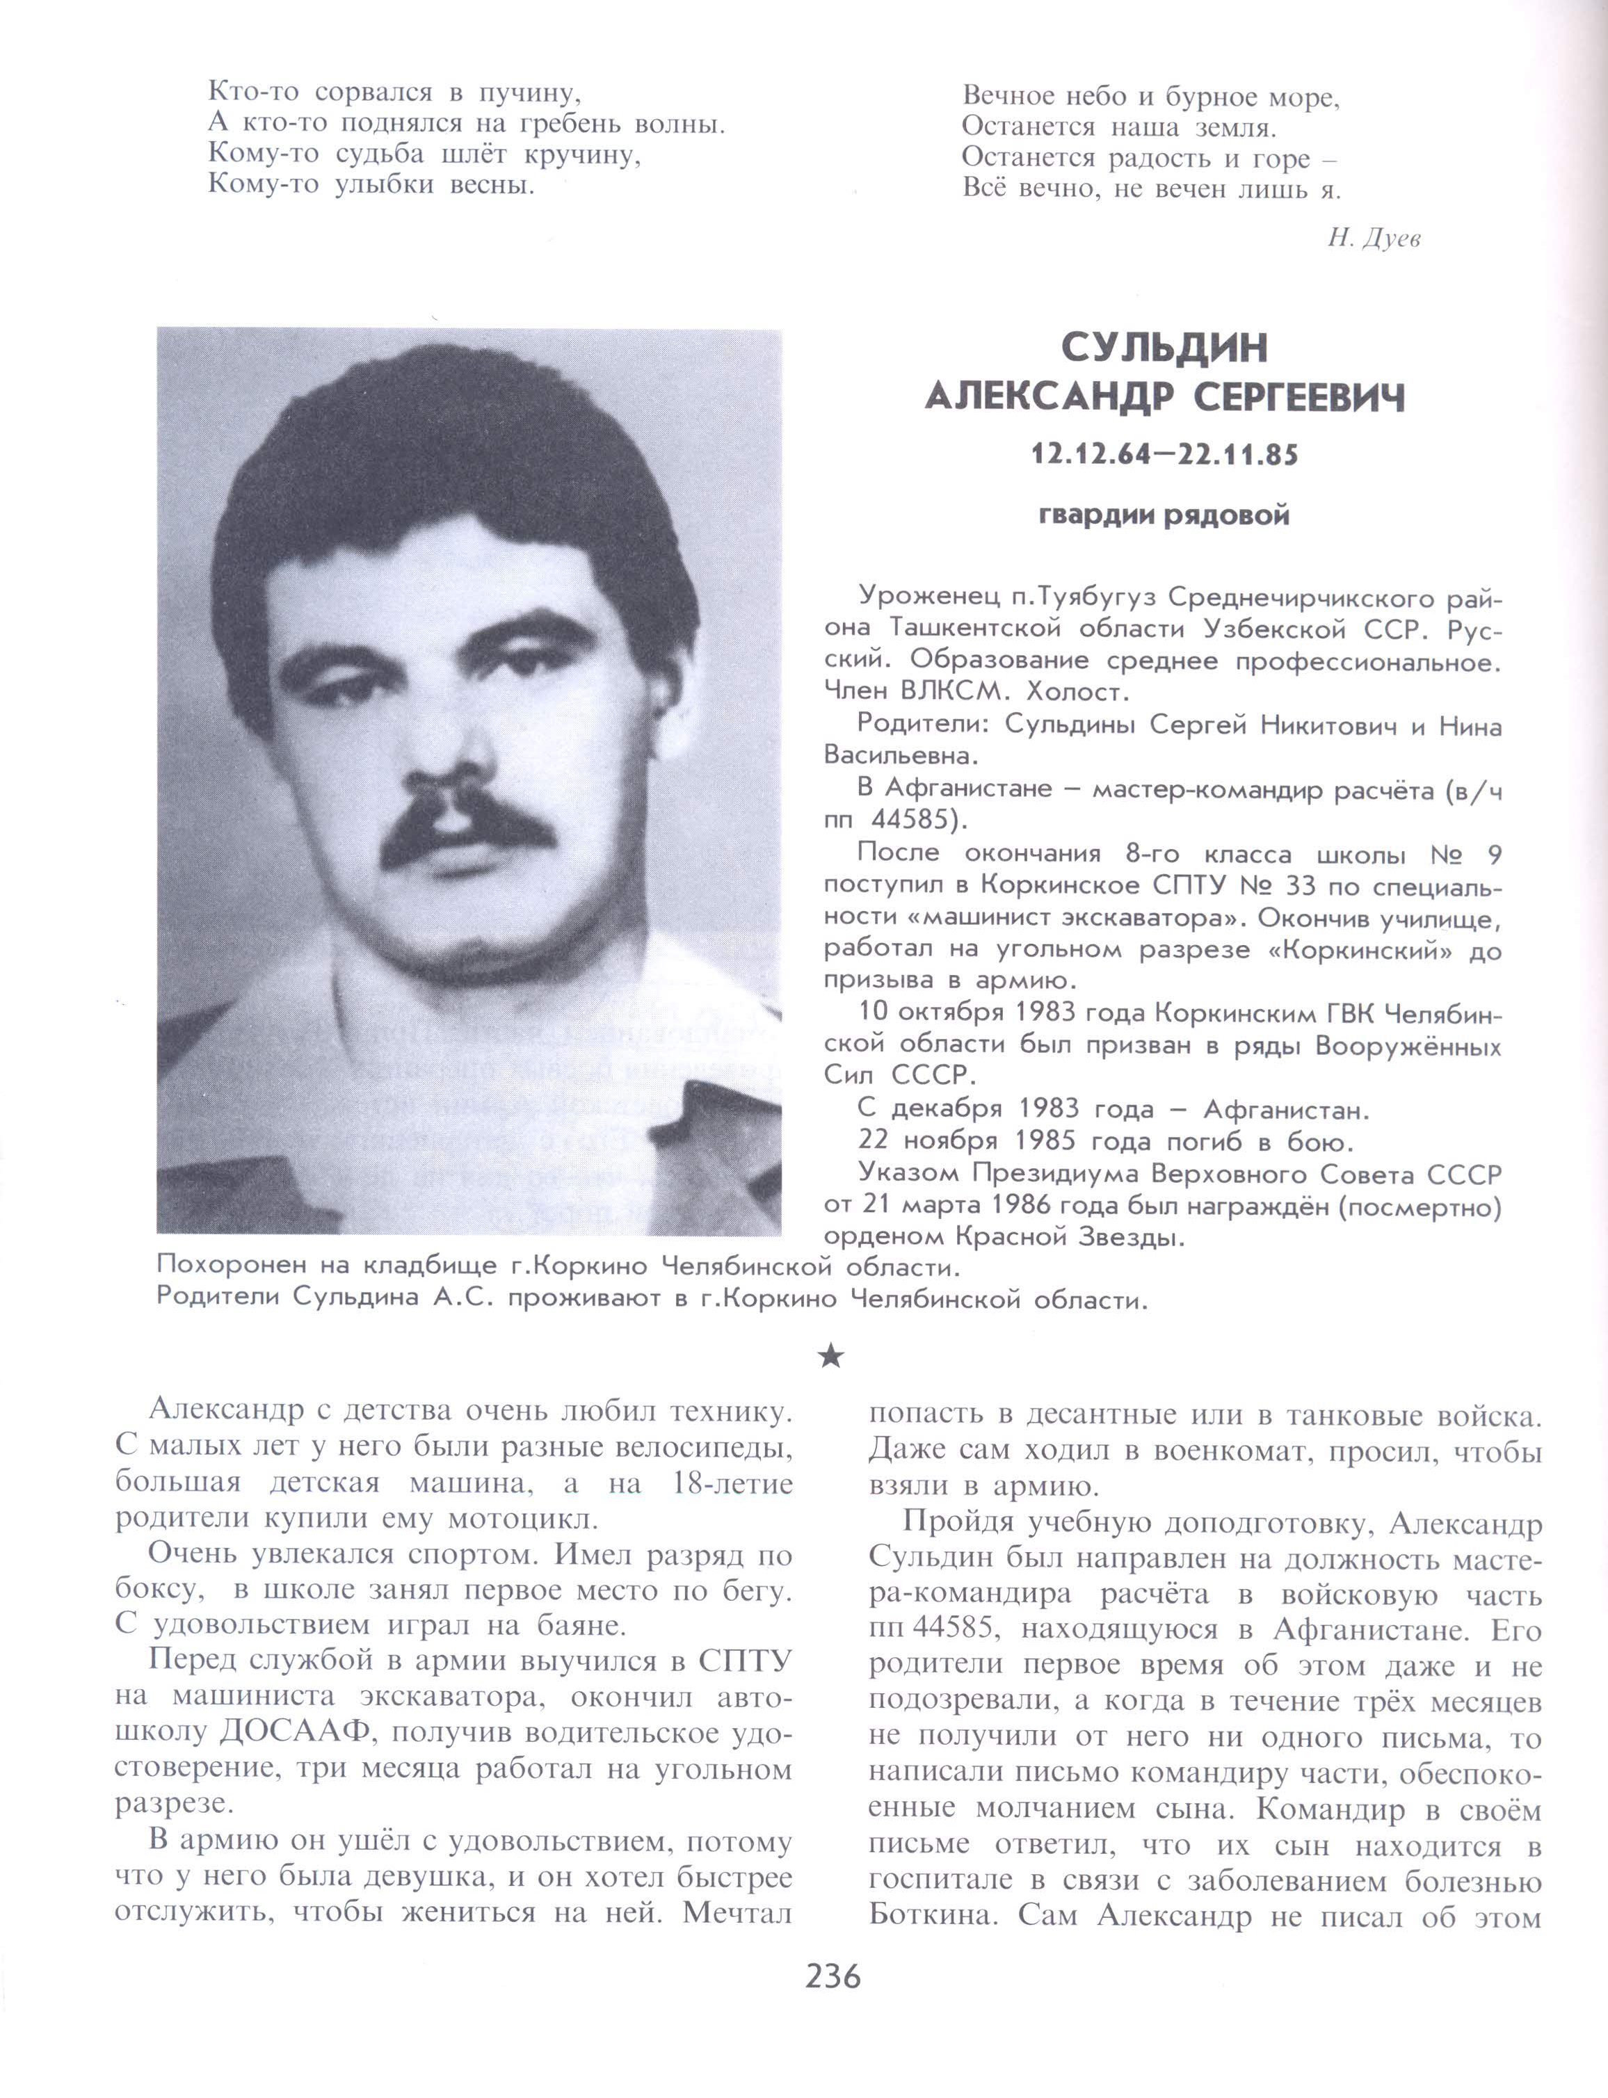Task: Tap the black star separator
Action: [x=832, y=1355]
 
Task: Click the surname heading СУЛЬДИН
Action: [x=1164, y=349]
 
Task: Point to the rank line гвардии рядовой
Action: [x=1164, y=517]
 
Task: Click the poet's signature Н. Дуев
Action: [x=1372, y=239]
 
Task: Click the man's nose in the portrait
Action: [x=460, y=756]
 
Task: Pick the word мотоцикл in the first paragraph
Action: [x=522, y=1519]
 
